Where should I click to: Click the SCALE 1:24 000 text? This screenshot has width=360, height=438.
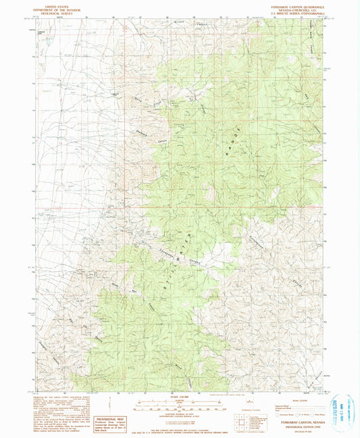click(x=179, y=396)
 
